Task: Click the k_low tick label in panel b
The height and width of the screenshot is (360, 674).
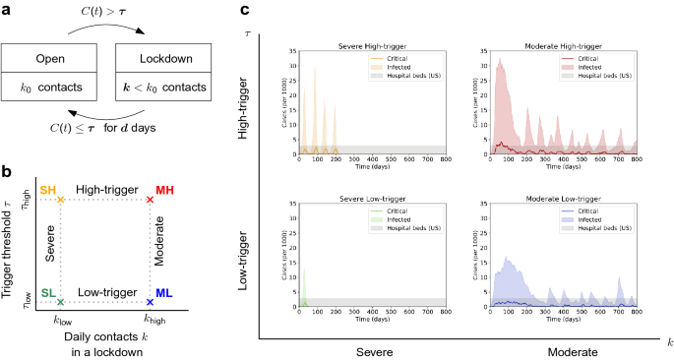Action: coord(61,318)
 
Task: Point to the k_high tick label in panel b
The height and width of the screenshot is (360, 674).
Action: coord(150,318)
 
